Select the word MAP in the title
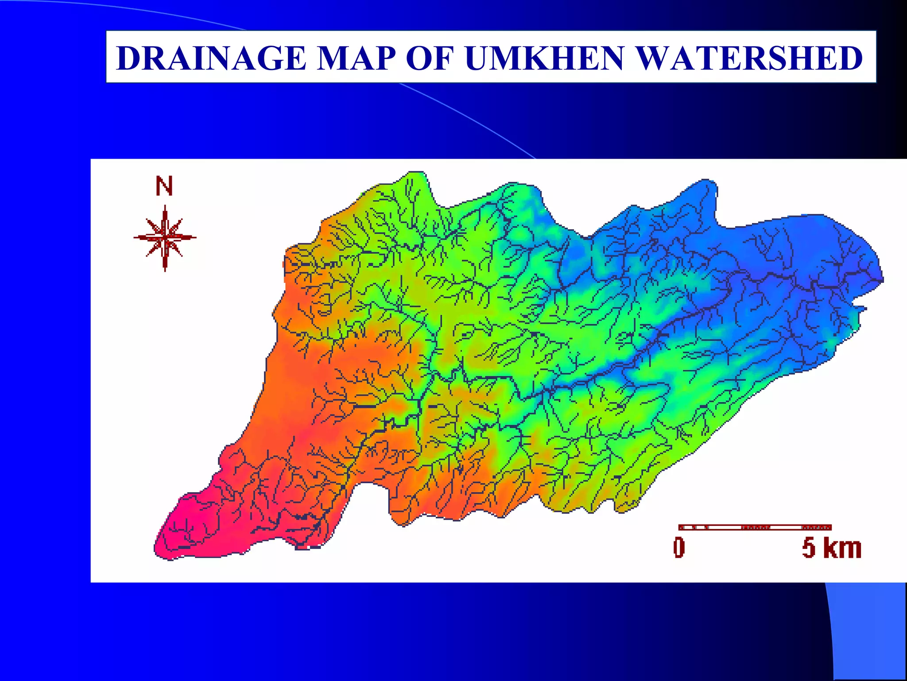pyautogui.click(x=357, y=58)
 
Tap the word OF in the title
pyautogui.click(x=430, y=58)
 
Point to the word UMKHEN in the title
pyautogui.click(x=544, y=58)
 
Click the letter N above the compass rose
pyautogui.click(x=164, y=186)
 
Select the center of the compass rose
pyautogui.click(x=165, y=238)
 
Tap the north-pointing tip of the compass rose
pyautogui.click(x=165, y=207)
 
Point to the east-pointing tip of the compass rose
pyautogui.click(x=195, y=237)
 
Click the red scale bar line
pyautogui.click(x=755, y=527)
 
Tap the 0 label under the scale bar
pyautogui.click(x=679, y=548)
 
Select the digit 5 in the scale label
pyautogui.click(x=809, y=548)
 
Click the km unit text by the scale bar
pyautogui.click(x=842, y=548)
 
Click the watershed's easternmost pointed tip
pyautogui.click(x=882, y=280)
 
